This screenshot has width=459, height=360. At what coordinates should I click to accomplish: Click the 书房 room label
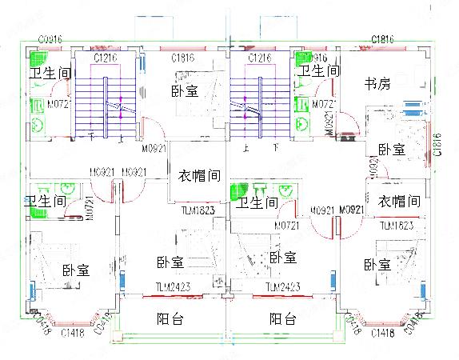tap(377, 82)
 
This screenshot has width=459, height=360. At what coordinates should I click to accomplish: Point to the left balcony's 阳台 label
tap(169, 319)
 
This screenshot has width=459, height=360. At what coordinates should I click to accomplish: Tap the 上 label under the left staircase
tap(120, 138)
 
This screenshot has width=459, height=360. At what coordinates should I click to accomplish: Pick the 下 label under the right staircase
tap(276, 149)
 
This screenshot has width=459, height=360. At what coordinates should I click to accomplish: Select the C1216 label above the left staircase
tap(105, 58)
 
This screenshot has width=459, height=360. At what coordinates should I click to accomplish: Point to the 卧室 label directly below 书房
tap(391, 150)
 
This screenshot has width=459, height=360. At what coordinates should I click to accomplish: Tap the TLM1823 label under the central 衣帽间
tap(198, 210)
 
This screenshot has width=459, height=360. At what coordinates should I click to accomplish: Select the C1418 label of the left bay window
tap(73, 332)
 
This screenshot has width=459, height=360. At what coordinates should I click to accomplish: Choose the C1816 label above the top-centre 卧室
tap(185, 58)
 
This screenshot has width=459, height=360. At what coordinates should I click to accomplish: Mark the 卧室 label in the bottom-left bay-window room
tap(76, 270)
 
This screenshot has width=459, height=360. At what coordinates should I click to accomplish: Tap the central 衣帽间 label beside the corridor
tap(198, 175)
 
